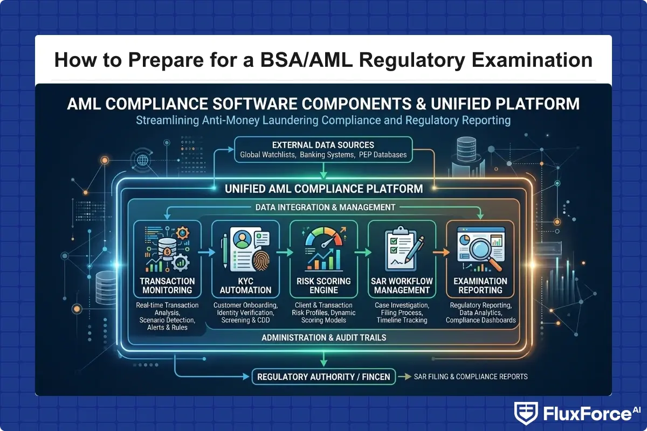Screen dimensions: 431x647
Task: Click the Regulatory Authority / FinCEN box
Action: click(x=323, y=377)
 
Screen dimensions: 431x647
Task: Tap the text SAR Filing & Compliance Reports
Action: click(x=470, y=377)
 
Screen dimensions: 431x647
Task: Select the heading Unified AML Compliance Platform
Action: click(x=323, y=189)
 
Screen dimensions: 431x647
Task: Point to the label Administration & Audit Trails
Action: click(x=323, y=338)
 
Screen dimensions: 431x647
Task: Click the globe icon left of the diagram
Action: click(x=143, y=161)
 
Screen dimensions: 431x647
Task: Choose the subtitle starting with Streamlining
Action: click(x=323, y=120)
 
